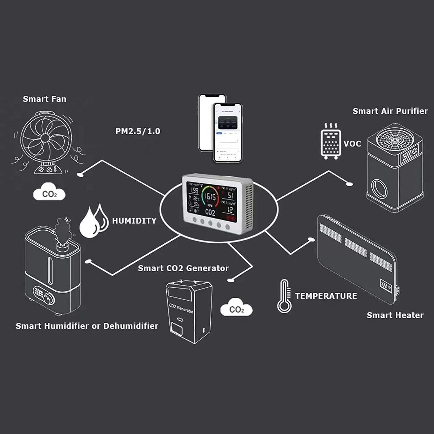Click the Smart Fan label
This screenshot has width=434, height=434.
click(x=45, y=99)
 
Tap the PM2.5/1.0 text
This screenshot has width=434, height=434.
click(x=138, y=131)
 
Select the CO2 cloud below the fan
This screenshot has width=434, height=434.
click(x=49, y=192)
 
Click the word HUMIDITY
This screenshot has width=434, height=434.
click(x=134, y=221)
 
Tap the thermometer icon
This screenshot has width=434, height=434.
click(x=284, y=296)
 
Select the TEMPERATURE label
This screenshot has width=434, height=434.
click(x=326, y=296)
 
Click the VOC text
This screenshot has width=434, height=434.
click(x=352, y=144)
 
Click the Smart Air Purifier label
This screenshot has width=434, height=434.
click(x=390, y=111)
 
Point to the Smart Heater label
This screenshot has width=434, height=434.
click(x=395, y=315)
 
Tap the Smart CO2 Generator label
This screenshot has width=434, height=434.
click(x=183, y=268)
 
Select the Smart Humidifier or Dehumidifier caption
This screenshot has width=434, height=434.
click(x=87, y=326)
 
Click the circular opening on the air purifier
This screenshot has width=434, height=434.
click(x=379, y=188)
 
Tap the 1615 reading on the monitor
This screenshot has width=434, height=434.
click(x=210, y=197)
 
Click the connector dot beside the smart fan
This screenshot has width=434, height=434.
click(x=80, y=174)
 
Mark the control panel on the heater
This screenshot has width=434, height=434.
click(x=386, y=285)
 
